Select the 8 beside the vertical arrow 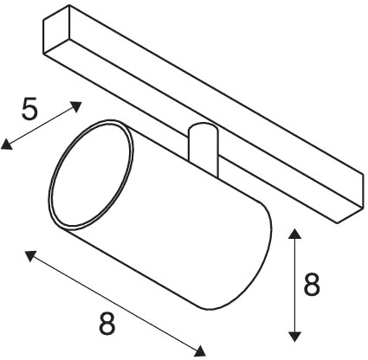312,284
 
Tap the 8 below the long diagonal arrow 107,324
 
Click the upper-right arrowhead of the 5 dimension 75,106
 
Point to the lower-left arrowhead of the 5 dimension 7,145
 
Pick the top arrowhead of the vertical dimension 294,233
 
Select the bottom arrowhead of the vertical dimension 294,337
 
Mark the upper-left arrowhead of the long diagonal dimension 31,255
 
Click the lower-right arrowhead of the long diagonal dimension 200,350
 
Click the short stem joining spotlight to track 202,149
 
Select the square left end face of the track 56,30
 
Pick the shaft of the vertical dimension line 294,285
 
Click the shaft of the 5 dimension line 42,125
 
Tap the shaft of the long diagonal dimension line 115,303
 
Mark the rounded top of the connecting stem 202,127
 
